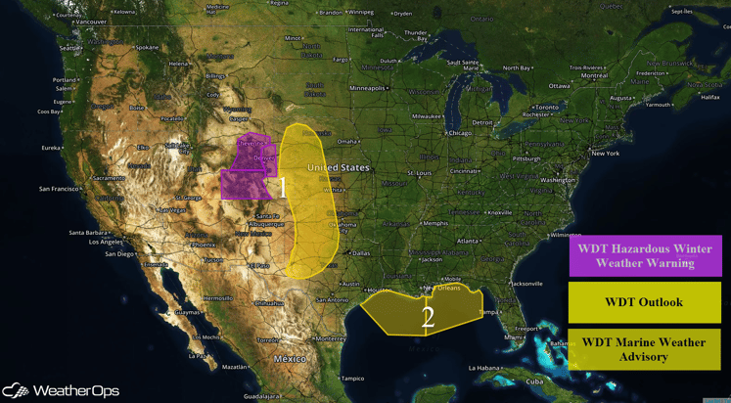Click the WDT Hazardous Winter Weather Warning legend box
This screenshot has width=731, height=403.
click(645, 255)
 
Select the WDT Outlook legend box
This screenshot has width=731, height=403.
click(645, 302)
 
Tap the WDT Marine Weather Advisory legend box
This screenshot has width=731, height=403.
click(645, 349)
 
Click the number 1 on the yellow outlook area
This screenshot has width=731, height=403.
click(284, 186)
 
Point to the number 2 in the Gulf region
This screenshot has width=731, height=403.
click(428, 317)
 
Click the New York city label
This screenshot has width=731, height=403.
click(605, 154)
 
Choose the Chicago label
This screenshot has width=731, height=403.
click(458, 133)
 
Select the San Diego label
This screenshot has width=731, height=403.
click(119, 254)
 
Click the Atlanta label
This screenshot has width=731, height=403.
click(468, 241)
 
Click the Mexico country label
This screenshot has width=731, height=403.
click(290, 359)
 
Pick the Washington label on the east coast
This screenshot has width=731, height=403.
click(558, 180)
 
